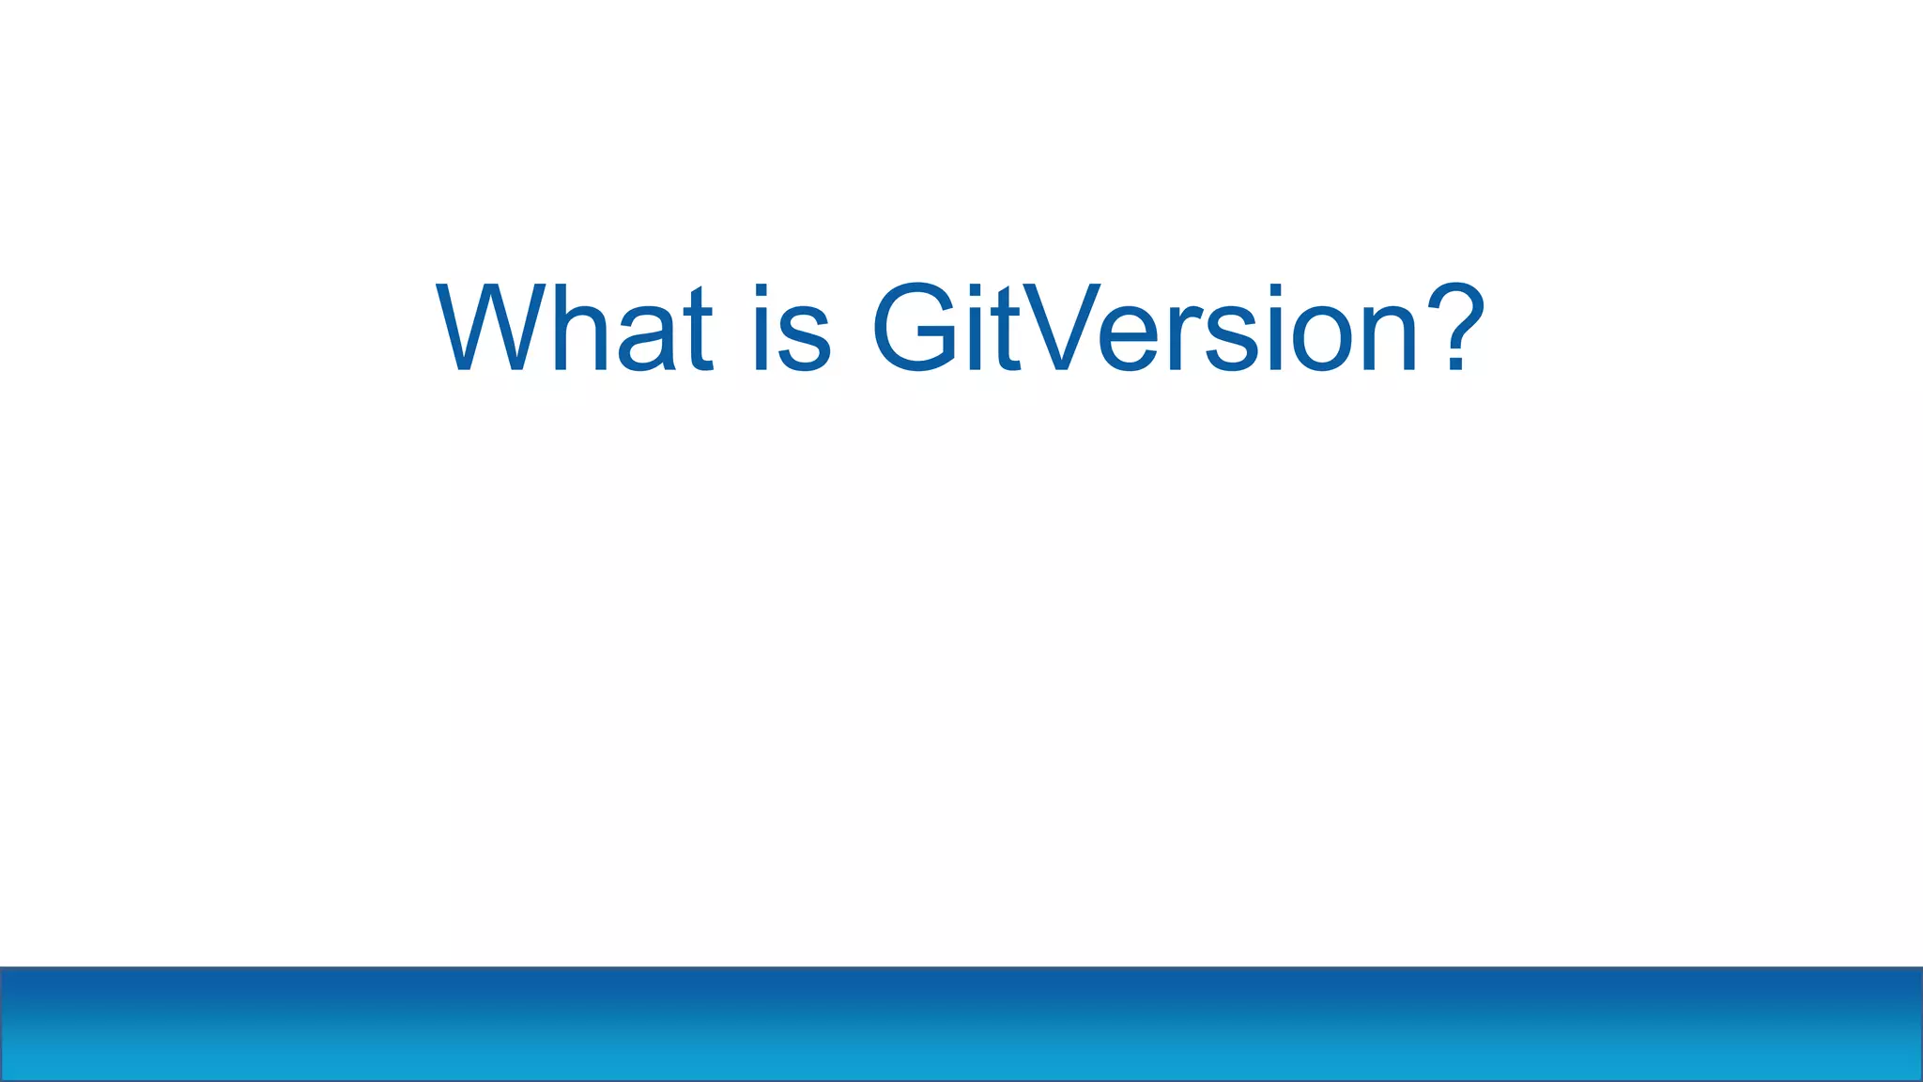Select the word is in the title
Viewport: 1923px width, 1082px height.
click(792, 328)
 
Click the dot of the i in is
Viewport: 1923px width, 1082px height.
click(762, 292)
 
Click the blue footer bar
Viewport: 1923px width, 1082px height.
click(961, 1024)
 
